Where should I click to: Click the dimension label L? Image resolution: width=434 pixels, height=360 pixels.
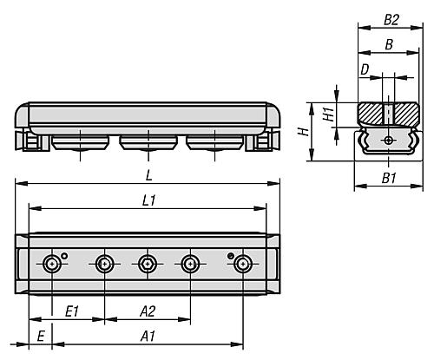coord(148,175)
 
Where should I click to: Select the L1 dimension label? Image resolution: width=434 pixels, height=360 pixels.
coord(149,200)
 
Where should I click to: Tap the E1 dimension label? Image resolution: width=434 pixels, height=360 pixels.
coord(72,311)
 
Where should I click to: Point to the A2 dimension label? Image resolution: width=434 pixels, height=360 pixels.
coord(148,311)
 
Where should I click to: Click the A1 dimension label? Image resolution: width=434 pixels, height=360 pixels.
coord(148,337)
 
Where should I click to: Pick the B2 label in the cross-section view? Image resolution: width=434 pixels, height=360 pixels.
coord(391,20)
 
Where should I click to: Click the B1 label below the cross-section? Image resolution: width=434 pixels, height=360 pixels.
coord(389,178)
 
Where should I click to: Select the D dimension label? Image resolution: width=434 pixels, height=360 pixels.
coord(365,69)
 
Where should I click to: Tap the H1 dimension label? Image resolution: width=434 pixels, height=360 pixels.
coord(329,114)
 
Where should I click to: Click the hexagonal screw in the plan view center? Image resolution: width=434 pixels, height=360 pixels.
coord(148,264)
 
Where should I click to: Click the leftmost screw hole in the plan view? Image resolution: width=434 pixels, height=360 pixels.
coord(52,264)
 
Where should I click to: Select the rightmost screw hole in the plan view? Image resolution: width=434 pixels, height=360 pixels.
coord(243,264)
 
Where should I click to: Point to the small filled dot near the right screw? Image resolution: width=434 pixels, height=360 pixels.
coord(231,255)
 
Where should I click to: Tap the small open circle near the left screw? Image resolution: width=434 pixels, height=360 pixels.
coord(64,256)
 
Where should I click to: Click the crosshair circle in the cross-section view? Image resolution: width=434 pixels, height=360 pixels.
coord(389,141)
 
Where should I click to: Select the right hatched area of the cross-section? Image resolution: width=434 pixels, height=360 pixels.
coord(406,114)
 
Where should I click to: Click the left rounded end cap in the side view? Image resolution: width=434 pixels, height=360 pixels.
coord(22,115)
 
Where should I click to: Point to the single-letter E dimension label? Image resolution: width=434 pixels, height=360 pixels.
coord(41,337)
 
